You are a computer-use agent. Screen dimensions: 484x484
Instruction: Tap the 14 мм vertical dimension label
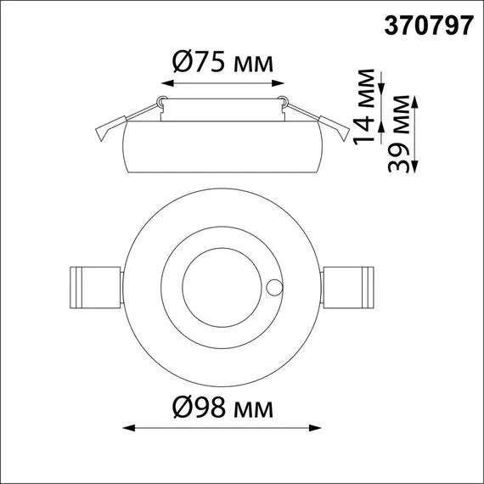(x=365, y=106)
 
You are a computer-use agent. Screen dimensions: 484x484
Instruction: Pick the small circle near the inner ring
(x=273, y=286)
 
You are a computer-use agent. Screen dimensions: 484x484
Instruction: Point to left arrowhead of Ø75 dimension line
(x=163, y=85)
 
